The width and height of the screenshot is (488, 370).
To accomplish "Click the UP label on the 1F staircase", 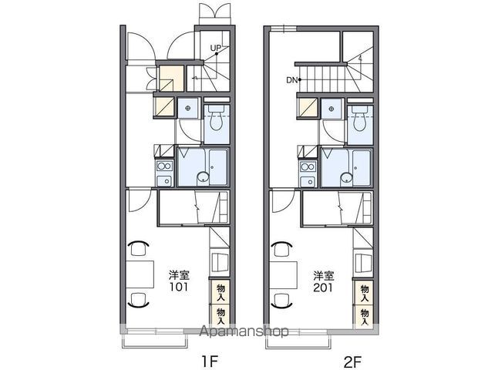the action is (x=215, y=49).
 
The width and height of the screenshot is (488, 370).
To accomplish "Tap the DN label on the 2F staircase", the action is (x=292, y=80).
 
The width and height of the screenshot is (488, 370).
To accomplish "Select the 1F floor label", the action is (x=210, y=362).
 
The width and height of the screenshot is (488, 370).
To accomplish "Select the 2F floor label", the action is (x=352, y=362).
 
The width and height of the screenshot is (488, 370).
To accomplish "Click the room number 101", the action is (x=179, y=286).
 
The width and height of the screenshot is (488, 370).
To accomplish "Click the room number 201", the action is (x=323, y=288).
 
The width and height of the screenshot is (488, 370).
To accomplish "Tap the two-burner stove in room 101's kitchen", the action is (x=165, y=165).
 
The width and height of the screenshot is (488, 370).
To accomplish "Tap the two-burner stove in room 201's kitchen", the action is (x=308, y=166).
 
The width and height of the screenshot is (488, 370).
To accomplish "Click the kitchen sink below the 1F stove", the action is (x=165, y=181).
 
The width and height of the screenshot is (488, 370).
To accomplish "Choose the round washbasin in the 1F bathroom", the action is (x=203, y=178).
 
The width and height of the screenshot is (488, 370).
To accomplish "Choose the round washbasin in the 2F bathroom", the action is (x=346, y=178).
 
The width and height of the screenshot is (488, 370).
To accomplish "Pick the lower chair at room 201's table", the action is (x=282, y=300).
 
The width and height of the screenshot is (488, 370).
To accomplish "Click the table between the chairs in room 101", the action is (x=140, y=274).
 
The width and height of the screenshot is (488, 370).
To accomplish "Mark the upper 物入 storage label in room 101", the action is (x=221, y=292).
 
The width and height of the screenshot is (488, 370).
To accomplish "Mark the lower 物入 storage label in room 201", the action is (x=365, y=317).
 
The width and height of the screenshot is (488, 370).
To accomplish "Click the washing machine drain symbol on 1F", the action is (x=187, y=108).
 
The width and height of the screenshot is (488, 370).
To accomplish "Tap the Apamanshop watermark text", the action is (x=244, y=331).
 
